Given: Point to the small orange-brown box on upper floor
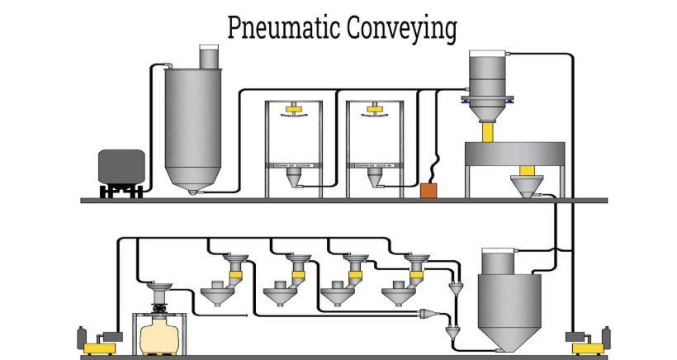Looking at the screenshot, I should pyautogui.click(x=428, y=191).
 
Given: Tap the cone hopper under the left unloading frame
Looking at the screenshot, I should pyautogui.click(x=293, y=178).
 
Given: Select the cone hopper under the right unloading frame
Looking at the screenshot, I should pyautogui.click(x=374, y=178).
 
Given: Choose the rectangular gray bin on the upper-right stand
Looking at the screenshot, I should pyautogui.click(x=514, y=154).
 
